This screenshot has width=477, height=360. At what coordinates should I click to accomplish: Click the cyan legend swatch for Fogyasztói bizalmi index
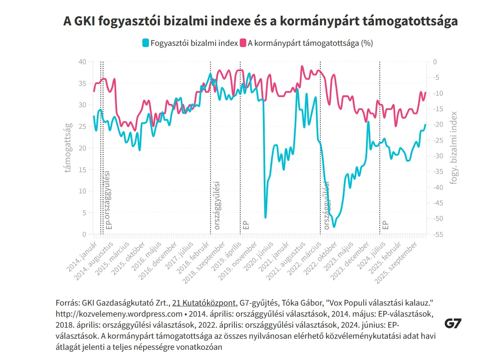145,43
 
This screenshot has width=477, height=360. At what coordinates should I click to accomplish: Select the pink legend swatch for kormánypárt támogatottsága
243,43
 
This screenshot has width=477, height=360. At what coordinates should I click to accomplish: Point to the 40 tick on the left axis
82,62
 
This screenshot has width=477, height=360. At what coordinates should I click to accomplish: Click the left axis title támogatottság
69,148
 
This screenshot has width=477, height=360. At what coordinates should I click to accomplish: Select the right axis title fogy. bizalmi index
454,148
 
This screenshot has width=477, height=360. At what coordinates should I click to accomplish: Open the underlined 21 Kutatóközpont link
204,303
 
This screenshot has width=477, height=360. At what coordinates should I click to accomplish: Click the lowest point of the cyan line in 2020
265,217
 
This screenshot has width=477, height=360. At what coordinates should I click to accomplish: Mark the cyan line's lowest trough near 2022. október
334,227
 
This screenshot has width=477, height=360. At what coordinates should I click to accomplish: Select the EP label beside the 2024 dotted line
385,225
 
